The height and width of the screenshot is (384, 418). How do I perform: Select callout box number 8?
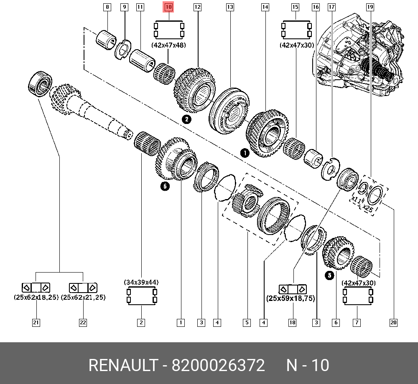[107, 7]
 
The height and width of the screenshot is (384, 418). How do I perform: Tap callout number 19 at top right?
[370, 7]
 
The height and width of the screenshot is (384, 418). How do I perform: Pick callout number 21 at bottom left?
[36, 322]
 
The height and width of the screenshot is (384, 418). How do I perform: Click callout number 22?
[83, 322]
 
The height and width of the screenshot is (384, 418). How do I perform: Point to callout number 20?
[393, 322]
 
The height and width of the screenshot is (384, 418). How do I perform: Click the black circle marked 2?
[186, 120]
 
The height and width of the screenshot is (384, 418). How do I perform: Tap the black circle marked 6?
[165, 187]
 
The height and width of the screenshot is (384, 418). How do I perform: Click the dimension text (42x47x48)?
[169, 45]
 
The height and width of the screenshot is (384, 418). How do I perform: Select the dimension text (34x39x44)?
[141, 283]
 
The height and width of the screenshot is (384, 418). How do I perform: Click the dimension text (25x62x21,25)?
[83, 297]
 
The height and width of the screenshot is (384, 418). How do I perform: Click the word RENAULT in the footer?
[122, 366]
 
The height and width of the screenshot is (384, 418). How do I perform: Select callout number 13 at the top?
[230, 7]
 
